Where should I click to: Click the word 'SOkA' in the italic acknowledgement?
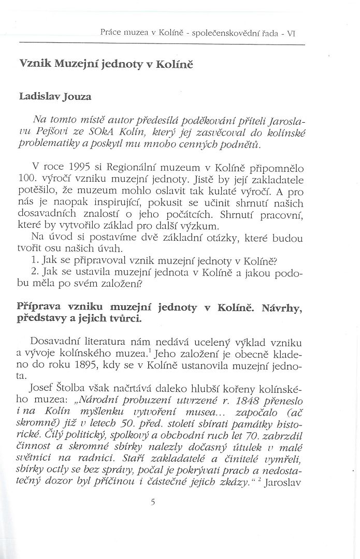pos(95,133)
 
